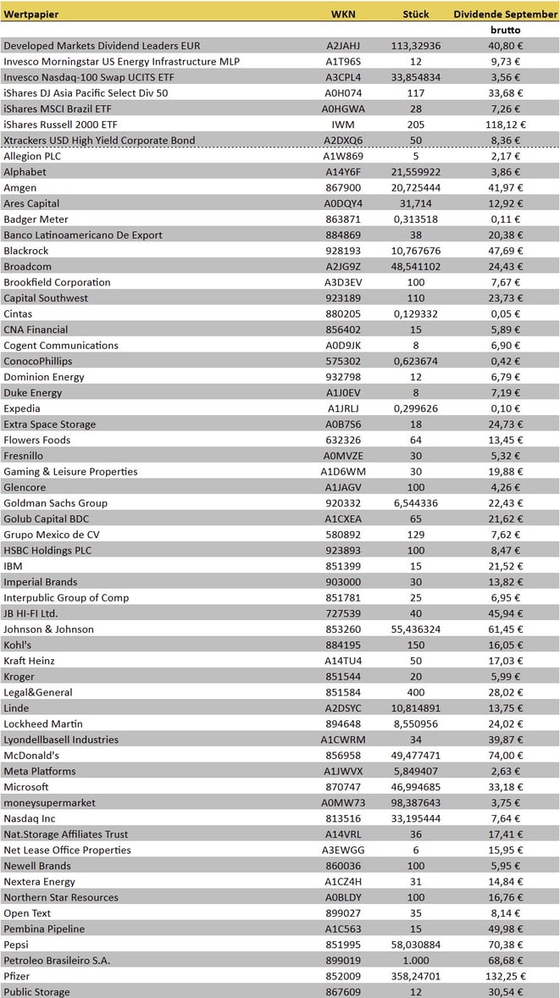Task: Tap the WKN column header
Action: [343, 14]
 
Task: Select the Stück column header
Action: [416, 14]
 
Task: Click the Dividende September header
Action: [505, 14]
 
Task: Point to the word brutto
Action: [505, 30]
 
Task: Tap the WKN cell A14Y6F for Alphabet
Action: [343, 172]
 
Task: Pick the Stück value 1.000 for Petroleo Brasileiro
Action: [416, 960]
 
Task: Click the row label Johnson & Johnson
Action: [48, 629]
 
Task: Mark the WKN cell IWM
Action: [343, 125]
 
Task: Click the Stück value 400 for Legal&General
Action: [416, 692]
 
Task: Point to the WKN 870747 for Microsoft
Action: [343, 787]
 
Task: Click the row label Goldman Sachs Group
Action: [55, 503]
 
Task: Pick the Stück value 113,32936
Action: [416, 46]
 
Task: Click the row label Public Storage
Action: [36, 992]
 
